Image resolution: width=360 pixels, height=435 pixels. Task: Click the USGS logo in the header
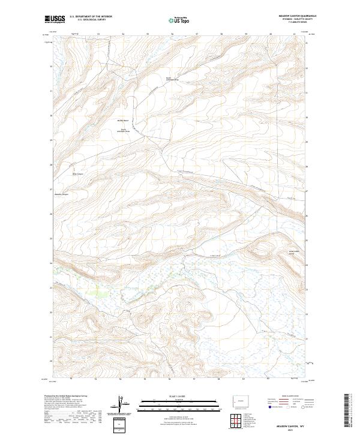coord(55,19)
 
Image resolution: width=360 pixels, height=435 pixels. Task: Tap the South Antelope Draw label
coord(124,131)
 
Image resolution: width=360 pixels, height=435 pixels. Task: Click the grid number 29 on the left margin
coord(52,140)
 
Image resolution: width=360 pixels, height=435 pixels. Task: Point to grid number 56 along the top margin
coord(172,34)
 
